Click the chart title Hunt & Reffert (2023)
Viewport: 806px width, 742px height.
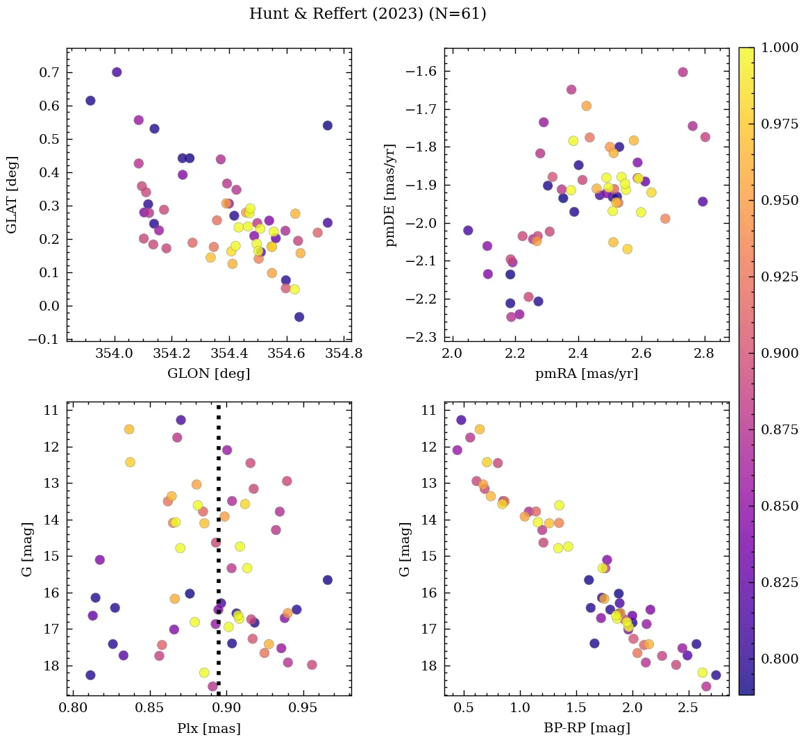(x=367, y=14)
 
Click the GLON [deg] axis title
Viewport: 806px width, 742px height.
(x=208, y=374)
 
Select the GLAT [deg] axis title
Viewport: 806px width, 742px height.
(x=12, y=195)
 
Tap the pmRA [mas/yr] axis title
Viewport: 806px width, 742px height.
(x=586, y=374)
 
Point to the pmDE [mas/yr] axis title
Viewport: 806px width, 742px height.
(x=391, y=195)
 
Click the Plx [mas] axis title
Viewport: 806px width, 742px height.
(x=208, y=728)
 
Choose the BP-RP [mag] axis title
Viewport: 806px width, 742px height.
(x=586, y=728)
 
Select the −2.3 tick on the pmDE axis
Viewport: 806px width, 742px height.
(x=423, y=338)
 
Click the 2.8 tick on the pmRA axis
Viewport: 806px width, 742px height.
(x=704, y=354)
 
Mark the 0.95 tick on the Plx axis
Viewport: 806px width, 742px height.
(x=303, y=708)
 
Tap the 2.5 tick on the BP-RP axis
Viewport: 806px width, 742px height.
(x=688, y=708)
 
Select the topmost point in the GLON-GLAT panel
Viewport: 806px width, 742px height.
(x=117, y=72)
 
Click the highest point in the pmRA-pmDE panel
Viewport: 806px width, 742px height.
(x=682, y=72)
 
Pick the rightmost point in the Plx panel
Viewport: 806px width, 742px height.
(x=328, y=580)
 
